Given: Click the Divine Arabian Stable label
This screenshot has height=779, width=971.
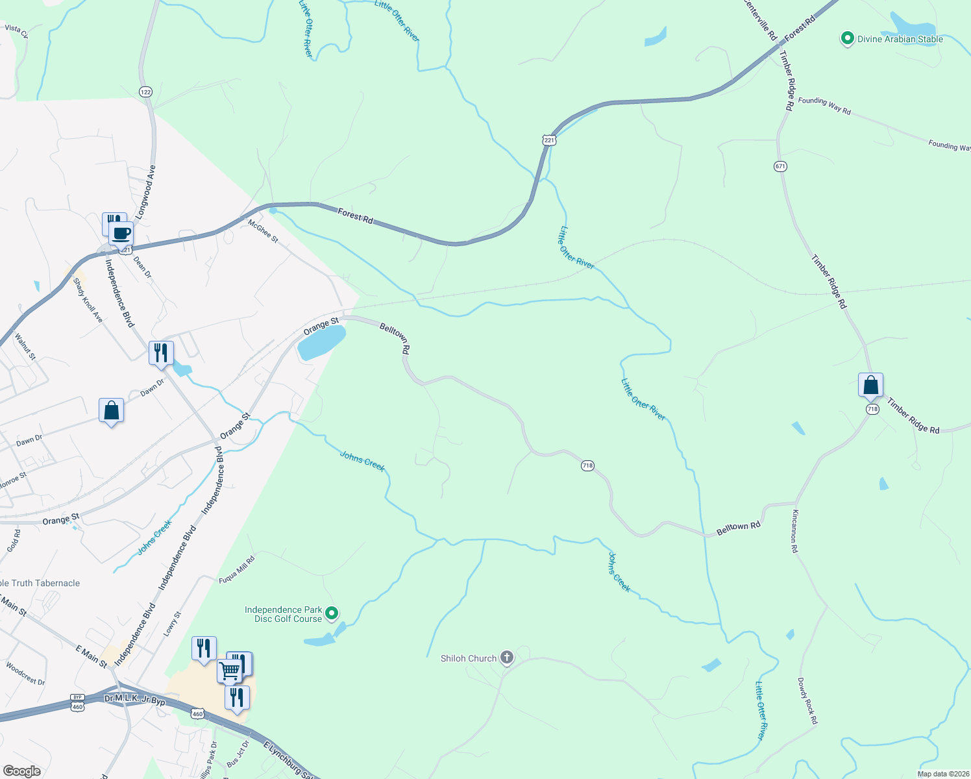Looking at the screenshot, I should pos(900,39).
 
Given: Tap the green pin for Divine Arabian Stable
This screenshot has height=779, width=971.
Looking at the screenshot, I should pos(847,39).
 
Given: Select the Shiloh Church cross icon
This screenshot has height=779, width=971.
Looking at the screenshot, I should pos(506,658).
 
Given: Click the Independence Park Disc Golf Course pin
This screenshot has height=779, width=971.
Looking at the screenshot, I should pos(332,613).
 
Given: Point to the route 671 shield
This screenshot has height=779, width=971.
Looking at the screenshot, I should pos(780,167).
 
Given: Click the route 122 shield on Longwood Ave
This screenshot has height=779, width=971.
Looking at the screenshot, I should pos(145,92).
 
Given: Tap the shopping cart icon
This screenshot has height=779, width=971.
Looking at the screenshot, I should pos(229,671).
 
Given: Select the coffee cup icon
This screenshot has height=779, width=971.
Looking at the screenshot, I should pos(121,233).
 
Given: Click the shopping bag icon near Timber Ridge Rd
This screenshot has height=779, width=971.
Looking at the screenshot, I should pos(870,385).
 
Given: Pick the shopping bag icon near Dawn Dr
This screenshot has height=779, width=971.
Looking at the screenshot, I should pos(111,410).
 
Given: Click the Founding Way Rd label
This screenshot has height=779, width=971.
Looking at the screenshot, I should pos(824,105).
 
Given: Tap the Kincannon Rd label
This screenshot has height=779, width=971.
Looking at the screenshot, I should pos(794,531).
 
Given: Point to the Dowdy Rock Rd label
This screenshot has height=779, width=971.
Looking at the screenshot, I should pos(807,701).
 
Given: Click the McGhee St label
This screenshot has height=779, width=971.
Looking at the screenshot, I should pos(263,230).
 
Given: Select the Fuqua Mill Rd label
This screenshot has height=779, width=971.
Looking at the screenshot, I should pos(237,569).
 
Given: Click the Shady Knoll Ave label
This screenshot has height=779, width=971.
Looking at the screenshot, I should pos(88,300).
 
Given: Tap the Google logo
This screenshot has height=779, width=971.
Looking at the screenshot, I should pos(21,771).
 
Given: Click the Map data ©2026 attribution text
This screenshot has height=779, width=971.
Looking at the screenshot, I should pos(942,774).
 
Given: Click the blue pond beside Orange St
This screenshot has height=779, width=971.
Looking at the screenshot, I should pos(321,341).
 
